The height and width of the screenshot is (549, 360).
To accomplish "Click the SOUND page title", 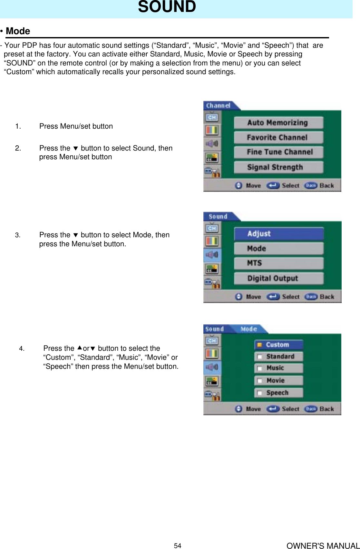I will pyautogui.click(x=167, y=7).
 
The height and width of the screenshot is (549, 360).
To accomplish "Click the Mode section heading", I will pyautogui.click(x=18, y=31).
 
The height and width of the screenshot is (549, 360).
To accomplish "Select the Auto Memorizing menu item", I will pyautogui.click(x=278, y=123).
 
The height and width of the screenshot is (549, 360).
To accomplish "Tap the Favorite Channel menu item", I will pyautogui.click(x=278, y=138).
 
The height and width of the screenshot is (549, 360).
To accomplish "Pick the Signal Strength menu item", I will pyautogui.click(x=278, y=167).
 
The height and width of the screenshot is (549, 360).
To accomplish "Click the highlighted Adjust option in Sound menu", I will pyautogui.click(x=279, y=234).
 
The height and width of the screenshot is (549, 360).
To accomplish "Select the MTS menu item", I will pyautogui.click(x=279, y=263).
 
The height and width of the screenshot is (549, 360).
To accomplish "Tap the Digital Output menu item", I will pyautogui.click(x=279, y=279).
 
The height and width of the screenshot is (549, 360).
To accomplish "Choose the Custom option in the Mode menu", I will pyautogui.click(x=279, y=345).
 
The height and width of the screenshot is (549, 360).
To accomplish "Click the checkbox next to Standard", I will pyautogui.click(x=259, y=357).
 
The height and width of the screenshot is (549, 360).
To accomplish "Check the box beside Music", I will pyautogui.click(x=259, y=368).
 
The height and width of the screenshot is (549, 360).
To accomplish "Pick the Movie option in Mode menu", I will pyautogui.click(x=279, y=381).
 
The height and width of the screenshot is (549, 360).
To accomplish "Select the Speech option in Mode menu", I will pyautogui.click(x=279, y=393).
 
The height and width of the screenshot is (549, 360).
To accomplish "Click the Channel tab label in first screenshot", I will pyautogui.click(x=219, y=106).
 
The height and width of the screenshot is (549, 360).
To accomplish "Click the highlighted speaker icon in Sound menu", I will pyautogui.click(x=212, y=255).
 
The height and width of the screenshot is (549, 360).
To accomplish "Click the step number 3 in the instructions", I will pyautogui.click(x=18, y=235).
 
